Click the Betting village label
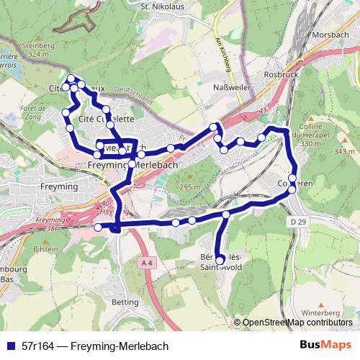(126, 302)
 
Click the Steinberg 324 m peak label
(38, 50)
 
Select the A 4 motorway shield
(146, 264)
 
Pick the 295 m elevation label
(189, 187)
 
